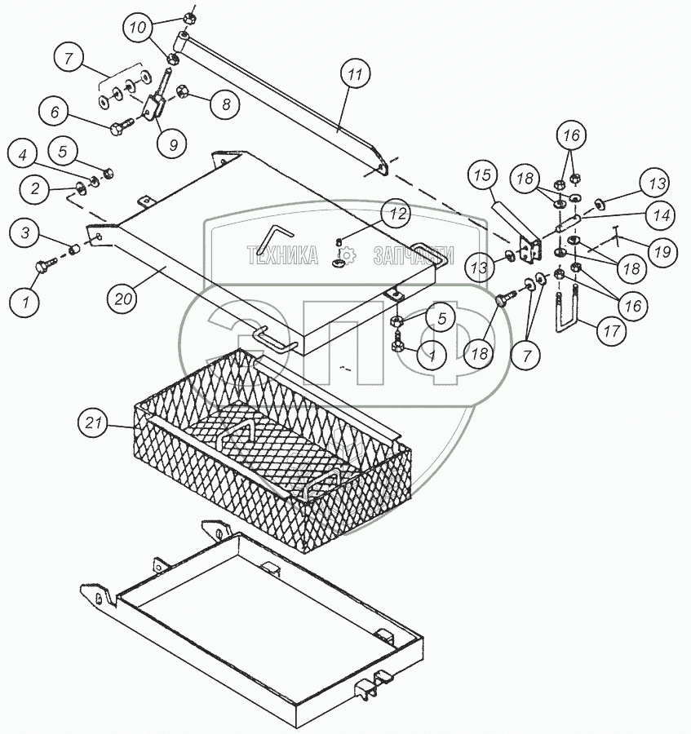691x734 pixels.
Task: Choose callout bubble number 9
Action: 171,144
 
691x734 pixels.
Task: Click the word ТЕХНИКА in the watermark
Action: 282,256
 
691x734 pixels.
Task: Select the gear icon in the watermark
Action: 346,256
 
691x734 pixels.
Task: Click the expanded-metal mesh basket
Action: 269,440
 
